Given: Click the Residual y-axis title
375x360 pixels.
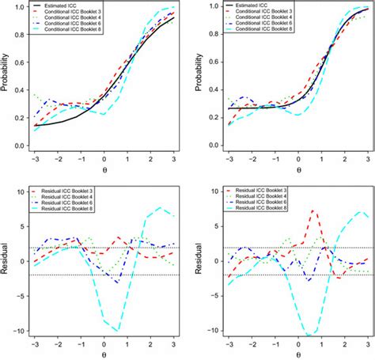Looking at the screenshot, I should [6, 262].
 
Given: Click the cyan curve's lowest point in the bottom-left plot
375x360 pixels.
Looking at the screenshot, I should [117, 330].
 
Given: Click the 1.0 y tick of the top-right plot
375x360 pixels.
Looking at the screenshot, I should [203, 6].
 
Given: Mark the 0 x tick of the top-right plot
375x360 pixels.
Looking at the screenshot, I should [298, 161].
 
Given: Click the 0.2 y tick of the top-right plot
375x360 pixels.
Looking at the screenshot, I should [203, 118].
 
